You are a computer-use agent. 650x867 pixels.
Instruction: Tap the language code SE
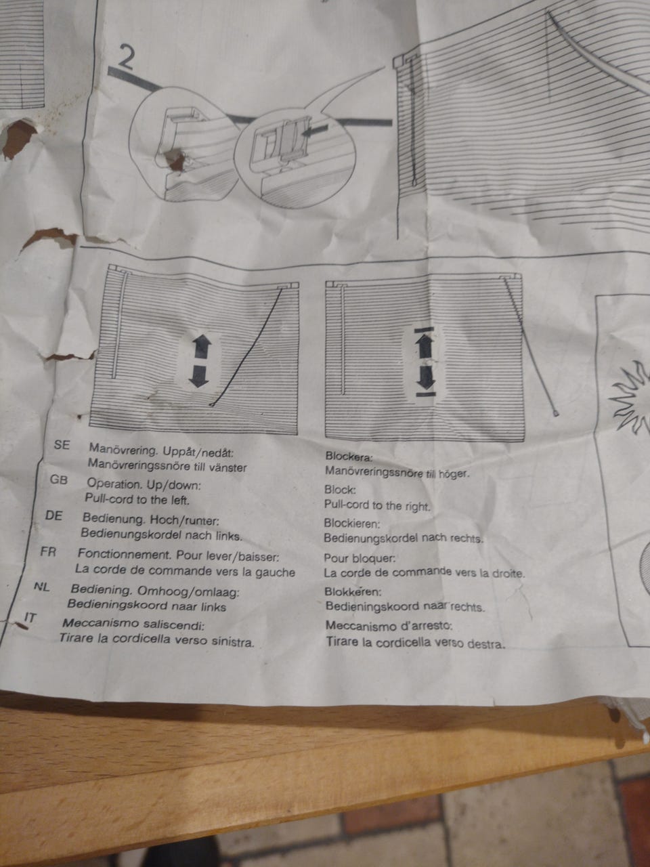pos(62,445)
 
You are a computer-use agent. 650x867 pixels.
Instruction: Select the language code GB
pos(58,480)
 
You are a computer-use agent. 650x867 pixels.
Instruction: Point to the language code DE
pos(53,516)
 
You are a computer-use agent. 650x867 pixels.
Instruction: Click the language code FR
pos(48,552)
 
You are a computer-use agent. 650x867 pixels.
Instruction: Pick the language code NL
pos(42,587)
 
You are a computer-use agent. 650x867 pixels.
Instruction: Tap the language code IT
pos(30,618)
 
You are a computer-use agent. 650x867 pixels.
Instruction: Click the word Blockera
pos(349,457)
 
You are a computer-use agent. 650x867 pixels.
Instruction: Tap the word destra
pos(486,644)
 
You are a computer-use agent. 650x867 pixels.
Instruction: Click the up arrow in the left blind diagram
pos(201,345)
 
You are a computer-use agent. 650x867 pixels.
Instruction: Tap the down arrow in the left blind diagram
pos(198,376)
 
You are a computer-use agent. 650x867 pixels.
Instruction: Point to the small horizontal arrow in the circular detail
pos(315,129)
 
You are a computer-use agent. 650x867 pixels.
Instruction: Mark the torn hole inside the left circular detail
pos(175,159)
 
